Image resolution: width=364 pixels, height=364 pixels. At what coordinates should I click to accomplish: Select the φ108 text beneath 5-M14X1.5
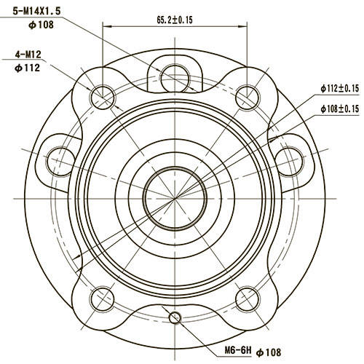click(x=41, y=25)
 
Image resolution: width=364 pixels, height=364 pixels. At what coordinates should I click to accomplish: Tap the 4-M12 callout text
click(x=28, y=55)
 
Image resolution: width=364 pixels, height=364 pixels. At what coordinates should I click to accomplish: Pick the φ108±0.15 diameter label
click(x=340, y=109)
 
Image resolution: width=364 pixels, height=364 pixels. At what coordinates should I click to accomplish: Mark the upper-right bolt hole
click(x=248, y=95)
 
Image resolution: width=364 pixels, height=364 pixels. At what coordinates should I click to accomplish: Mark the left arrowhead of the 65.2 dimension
click(x=106, y=28)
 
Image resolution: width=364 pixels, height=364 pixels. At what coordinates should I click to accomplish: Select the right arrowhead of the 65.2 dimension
click(x=245, y=28)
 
